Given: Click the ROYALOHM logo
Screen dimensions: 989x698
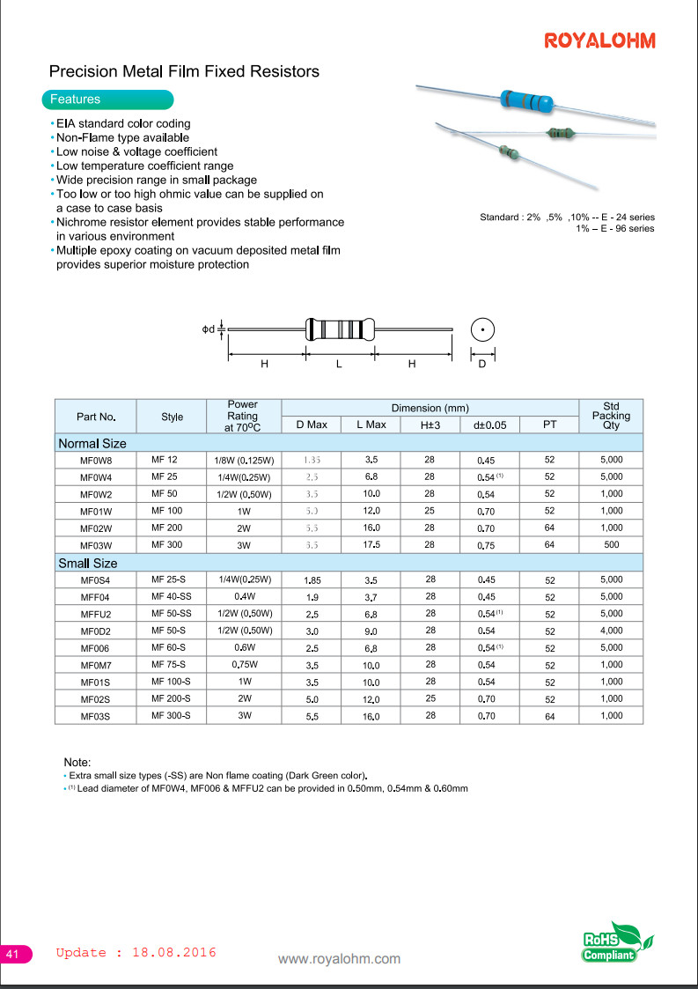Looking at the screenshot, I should coord(599,41).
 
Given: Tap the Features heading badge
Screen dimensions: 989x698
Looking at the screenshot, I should coord(75,100).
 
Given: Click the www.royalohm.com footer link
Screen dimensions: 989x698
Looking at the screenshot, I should coord(339,959).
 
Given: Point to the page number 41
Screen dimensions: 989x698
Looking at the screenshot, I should coord(13,955).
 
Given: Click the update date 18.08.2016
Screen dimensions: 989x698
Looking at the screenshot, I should coord(173,952).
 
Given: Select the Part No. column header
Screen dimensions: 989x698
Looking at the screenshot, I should coord(95,417).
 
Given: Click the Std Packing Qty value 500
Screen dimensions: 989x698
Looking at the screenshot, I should coord(611,545).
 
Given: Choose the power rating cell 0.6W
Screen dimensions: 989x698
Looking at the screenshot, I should coord(243,647).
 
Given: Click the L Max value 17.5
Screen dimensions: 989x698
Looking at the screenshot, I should coord(371,545).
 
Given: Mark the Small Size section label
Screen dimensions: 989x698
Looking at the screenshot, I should coord(87,563).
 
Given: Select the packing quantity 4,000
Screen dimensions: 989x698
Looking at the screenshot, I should coord(611,631).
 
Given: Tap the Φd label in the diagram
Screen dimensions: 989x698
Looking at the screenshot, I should coord(209,329).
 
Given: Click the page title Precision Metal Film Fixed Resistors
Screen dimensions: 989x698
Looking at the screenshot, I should coord(184,71).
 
